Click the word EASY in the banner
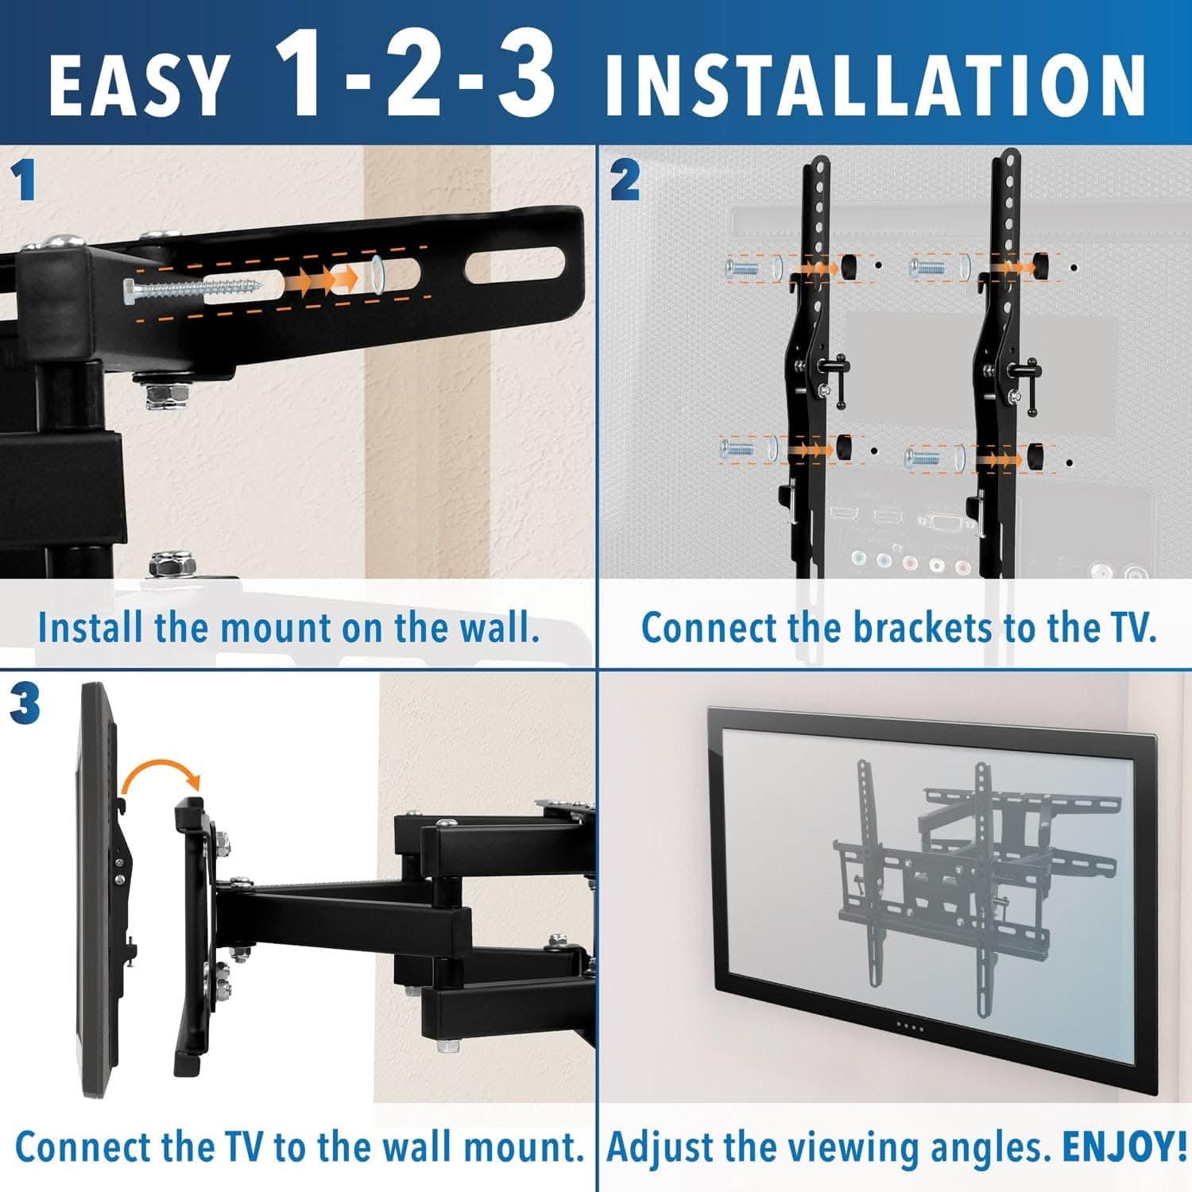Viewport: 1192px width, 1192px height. pyautogui.click(x=137, y=86)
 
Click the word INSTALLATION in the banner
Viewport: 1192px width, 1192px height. pyautogui.click(x=875, y=86)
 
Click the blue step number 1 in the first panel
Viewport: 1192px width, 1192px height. pyautogui.click(x=25, y=180)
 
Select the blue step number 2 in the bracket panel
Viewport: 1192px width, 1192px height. pyautogui.click(x=625, y=180)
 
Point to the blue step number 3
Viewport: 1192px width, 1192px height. pyautogui.click(x=25, y=704)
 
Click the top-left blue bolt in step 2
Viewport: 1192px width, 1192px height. pyautogui.click(x=741, y=269)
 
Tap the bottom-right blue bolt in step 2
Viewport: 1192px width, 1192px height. pyautogui.click(x=922, y=458)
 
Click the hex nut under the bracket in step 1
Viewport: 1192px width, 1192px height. pyautogui.click(x=168, y=394)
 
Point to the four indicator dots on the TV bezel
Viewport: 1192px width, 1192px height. pyautogui.click(x=911, y=1027)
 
